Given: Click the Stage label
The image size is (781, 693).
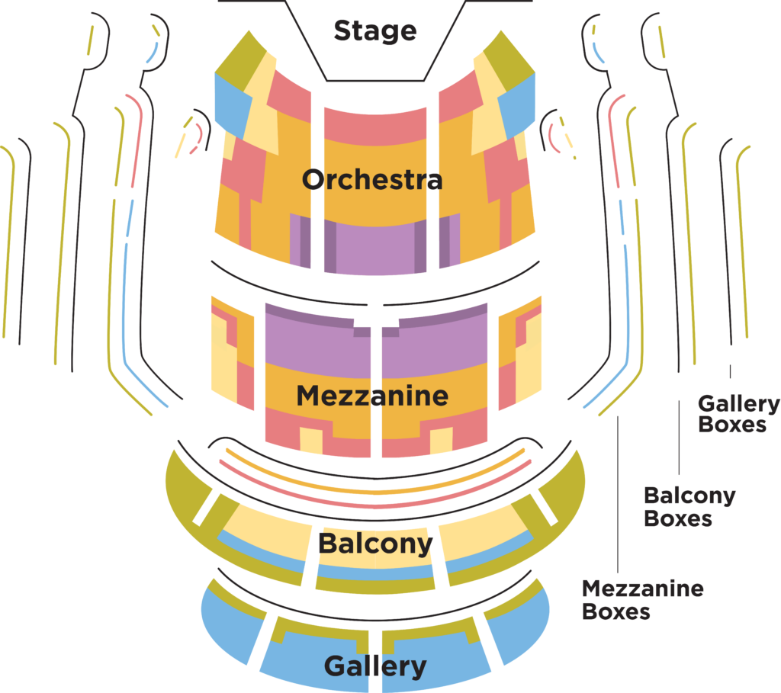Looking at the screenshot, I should [375, 30].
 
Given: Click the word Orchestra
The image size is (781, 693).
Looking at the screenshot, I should [371, 180].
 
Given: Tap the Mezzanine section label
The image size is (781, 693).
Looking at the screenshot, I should [372, 396].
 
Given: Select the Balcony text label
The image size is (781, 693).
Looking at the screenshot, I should [374, 544].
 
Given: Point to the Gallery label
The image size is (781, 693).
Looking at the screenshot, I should [374, 666].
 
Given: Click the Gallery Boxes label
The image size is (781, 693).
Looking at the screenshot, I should [739, 414].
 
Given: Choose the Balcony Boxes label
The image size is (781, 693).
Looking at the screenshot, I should [689, 506].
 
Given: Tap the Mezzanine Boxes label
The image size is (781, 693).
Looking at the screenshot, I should [642, 599].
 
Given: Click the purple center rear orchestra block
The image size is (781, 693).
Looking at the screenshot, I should [375, 249].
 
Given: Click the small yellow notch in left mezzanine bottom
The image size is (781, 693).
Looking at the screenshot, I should [310, 440].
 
